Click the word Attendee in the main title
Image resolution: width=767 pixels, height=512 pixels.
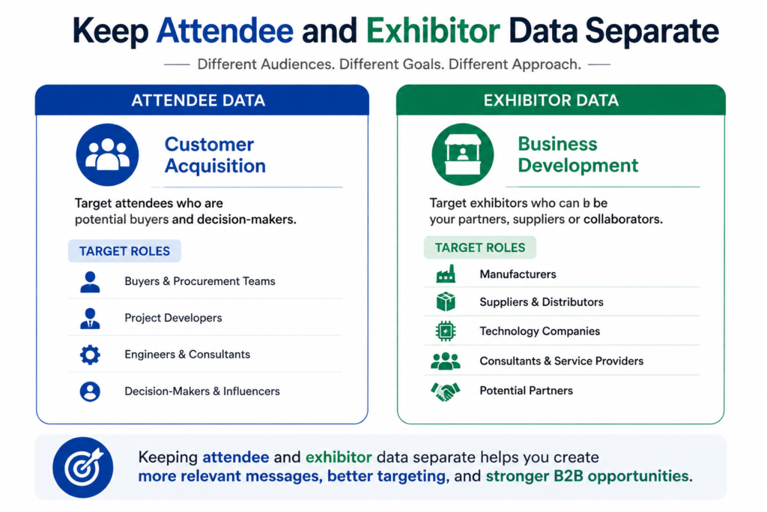[225, 31]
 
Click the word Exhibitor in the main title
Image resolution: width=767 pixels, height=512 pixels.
[433, 31]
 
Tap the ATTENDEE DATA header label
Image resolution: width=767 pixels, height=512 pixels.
[198, 100]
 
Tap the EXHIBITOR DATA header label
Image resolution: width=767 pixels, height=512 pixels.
[551, 100]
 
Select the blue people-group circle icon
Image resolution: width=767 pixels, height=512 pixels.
[107, 154]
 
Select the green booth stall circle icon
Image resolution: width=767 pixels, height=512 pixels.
[463, 154]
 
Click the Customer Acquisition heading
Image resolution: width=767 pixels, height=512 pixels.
[215, 155]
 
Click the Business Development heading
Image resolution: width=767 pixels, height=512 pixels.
[578, 154]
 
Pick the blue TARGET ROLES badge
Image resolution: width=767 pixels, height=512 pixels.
[125, 251]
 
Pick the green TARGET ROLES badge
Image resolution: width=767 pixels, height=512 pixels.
[480, 247]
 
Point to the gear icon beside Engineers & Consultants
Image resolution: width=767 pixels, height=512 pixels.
[90, 355]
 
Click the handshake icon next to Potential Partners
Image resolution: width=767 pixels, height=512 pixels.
[445, 391]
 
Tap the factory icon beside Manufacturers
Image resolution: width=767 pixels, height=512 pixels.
[446, 274]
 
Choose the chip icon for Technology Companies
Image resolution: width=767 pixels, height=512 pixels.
[446, 331]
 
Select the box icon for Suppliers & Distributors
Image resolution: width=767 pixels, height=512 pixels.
[446, 302]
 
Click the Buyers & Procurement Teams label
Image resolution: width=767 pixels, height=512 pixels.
[199, 281]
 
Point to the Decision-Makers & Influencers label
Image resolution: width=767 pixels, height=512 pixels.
[202, 391]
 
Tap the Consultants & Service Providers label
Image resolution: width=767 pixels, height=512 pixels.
[562, 361]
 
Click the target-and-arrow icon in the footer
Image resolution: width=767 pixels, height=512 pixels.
[82, 468]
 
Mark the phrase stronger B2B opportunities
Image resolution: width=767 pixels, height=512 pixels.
[587, 476]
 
